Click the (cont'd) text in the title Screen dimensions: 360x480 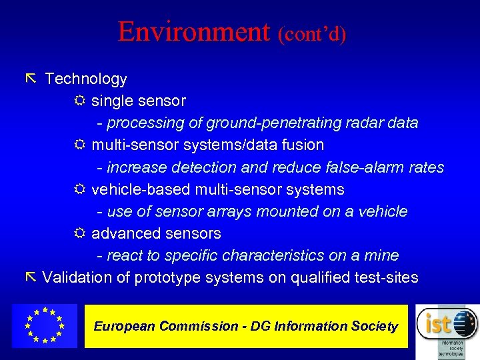[313, 34]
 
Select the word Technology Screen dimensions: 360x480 [85, 79]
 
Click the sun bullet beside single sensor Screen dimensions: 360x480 [79, 101]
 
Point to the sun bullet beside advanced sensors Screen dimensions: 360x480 [79, 234]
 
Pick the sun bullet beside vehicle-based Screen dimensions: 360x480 [79, 190]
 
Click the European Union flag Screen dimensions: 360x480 [44, 325]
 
